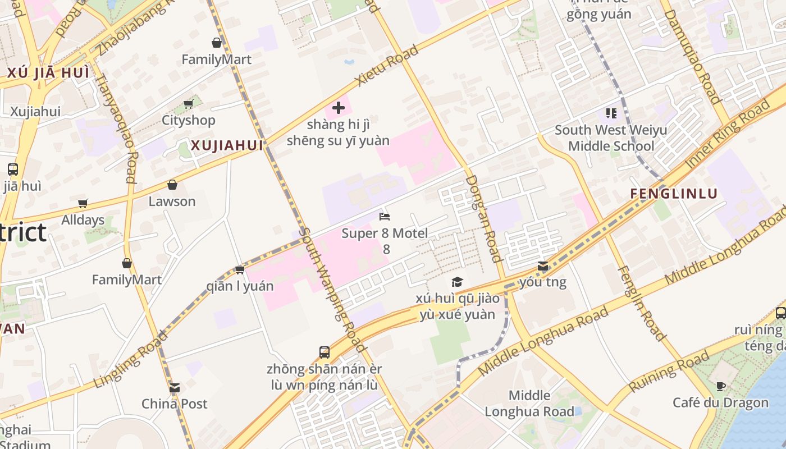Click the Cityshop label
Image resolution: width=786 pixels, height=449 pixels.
(x=188, y=120)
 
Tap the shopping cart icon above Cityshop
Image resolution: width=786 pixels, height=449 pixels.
(x=188, y=104)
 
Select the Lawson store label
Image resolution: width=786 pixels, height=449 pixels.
(x=172, y=201)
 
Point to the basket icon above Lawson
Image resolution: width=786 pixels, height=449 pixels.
(x=172, y=185)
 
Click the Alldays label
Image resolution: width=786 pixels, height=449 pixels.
(x=83, y=220)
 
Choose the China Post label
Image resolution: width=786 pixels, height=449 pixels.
(x=174, y=404)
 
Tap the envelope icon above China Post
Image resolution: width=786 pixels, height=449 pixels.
(x=175, y=388)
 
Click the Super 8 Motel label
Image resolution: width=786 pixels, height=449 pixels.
(x=385, y=233)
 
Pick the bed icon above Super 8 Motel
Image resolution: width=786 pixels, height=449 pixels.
(x=385, y=217)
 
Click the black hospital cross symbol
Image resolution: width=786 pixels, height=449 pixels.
(x=339, y=107)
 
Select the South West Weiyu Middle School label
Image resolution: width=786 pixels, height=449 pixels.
(x=611, y=138)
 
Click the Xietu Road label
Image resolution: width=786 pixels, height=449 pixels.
(x=387, y=66)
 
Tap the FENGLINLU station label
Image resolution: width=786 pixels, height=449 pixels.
(x=674, y=194)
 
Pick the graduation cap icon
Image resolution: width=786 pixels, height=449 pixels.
(x=458, y=282)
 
